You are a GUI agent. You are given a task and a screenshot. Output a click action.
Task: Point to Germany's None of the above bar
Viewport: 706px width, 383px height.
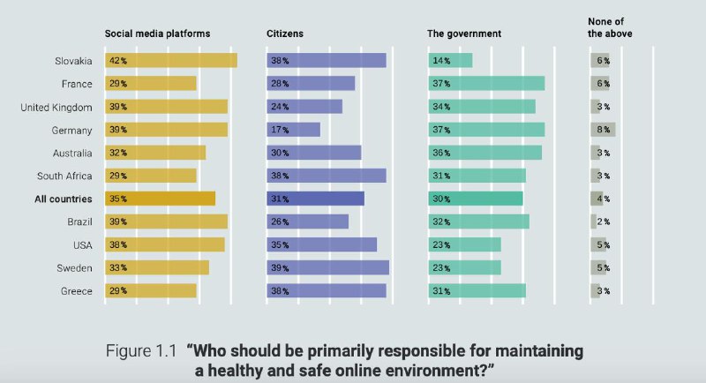click(603, 130)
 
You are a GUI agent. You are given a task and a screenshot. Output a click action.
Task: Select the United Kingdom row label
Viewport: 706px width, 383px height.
click(56, 107)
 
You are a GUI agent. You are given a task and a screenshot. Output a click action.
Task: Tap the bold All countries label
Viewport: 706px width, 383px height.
click(64, 199)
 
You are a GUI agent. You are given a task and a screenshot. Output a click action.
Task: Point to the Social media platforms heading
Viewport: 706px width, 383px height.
click(158, 34)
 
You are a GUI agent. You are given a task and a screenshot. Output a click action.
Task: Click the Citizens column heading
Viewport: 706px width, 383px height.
click(284, 34)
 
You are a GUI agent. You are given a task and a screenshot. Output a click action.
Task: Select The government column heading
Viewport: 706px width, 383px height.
click(464, 34)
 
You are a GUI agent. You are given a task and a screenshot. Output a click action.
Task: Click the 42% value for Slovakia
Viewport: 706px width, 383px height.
click(117, 61)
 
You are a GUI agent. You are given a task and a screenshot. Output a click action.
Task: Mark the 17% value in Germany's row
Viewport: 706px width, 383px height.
click(280, 130)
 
